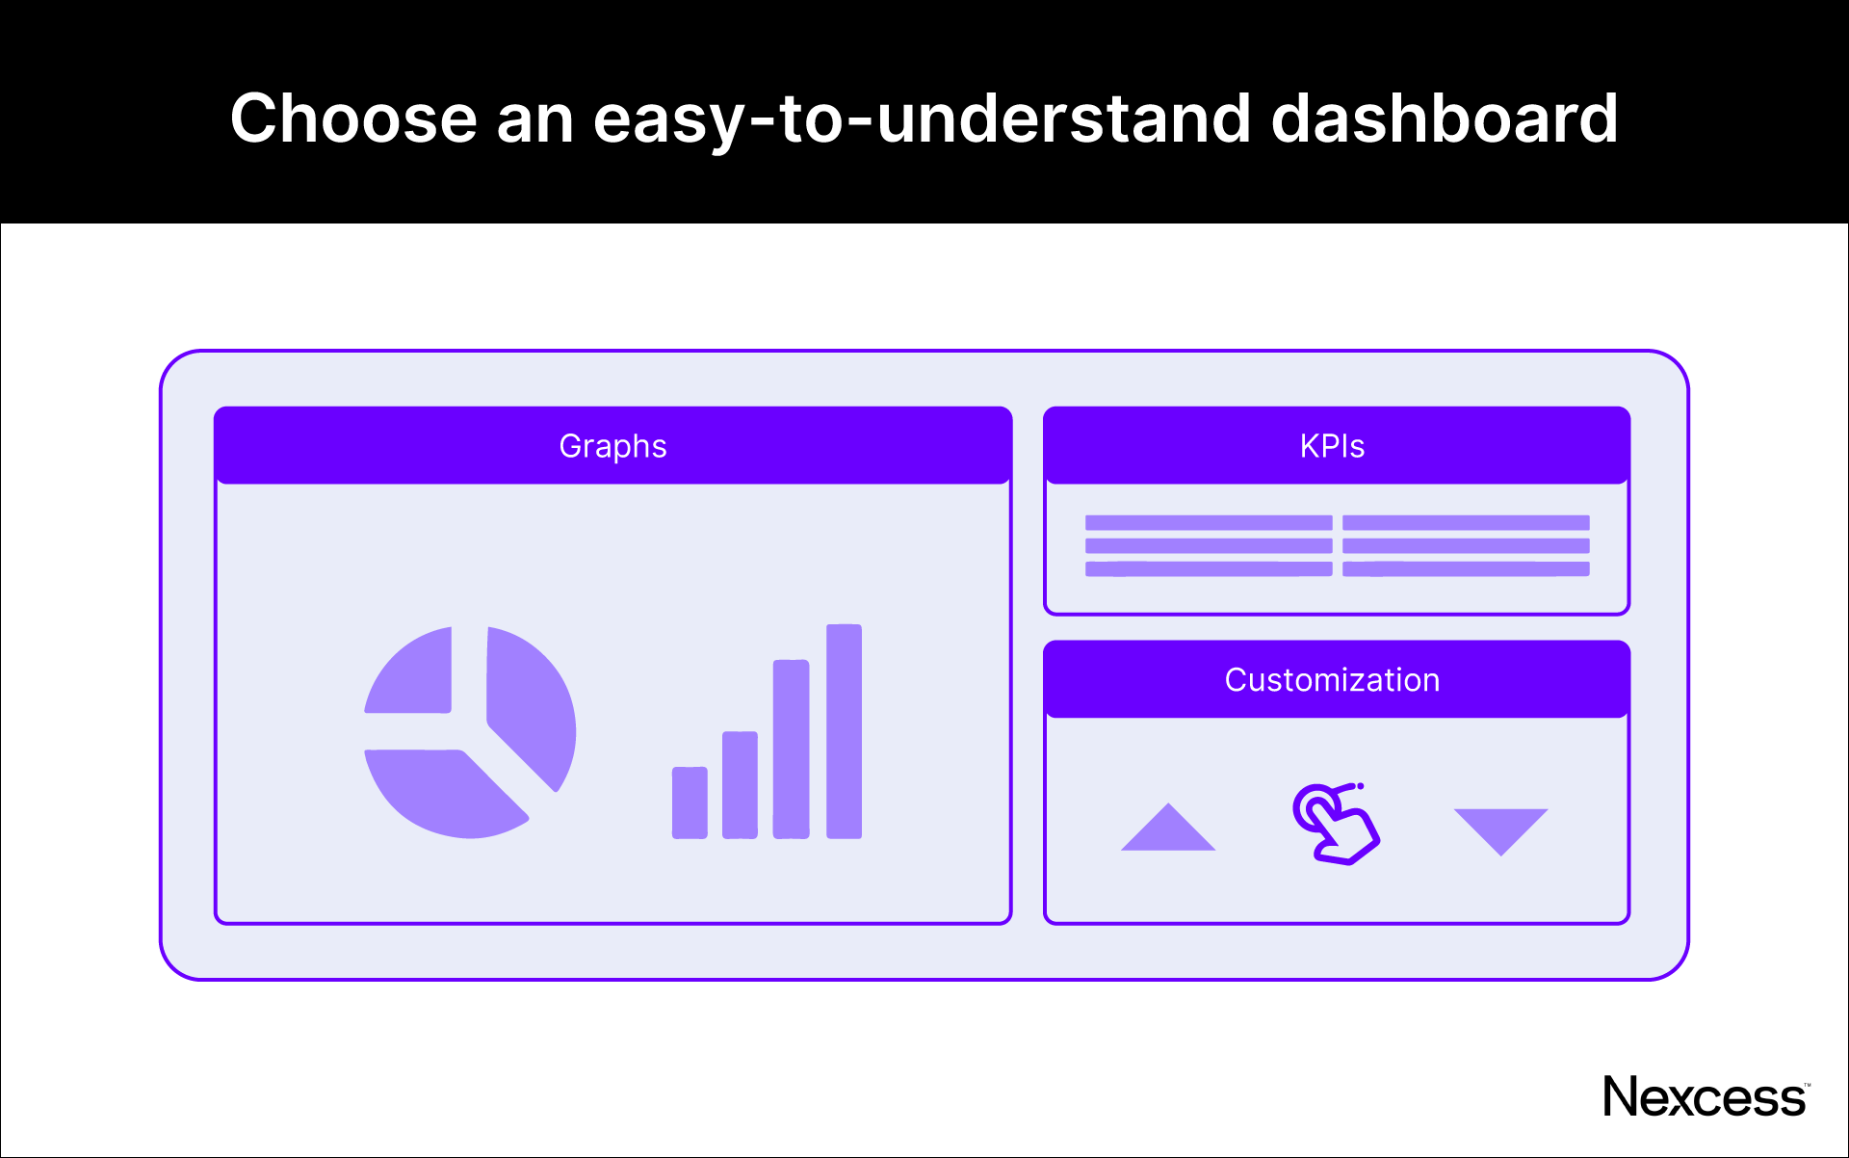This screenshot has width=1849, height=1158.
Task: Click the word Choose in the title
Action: pyautogui.click(x=353, y=118)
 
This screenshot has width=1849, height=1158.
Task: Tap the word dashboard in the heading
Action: pyautogui.click(x=1444, y=118)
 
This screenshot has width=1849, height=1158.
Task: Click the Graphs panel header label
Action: pyautogui.click(x=612, y=446)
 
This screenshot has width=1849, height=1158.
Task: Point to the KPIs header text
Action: pyautogui.click(x=1332, y=446)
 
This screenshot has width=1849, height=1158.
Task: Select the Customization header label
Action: pyautogui.click(x=1332, y=680)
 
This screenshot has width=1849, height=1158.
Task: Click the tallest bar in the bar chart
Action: pyautogui.click(x=844, y=732)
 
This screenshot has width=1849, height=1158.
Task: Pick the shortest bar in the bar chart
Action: pyautogui.click(x=690, y=803)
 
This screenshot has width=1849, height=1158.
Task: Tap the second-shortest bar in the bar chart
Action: pyautogui.click(x=740, y=785)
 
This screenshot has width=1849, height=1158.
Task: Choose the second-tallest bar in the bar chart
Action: pyautogui.click(x=791, y=750)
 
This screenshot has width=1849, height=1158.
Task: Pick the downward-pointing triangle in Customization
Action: pyautogui.click(x=1500, y=827)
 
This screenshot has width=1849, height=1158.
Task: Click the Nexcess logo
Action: pyautogui.click(x=1704, y=1097)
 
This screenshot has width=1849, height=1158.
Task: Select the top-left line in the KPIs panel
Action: pyautogui.click(x=1208, y=523)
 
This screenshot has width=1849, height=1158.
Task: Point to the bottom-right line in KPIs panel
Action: pyautogui.click(x=1466, y=569)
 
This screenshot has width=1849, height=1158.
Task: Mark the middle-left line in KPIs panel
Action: pyautogui.click(x=1208, y=546)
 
